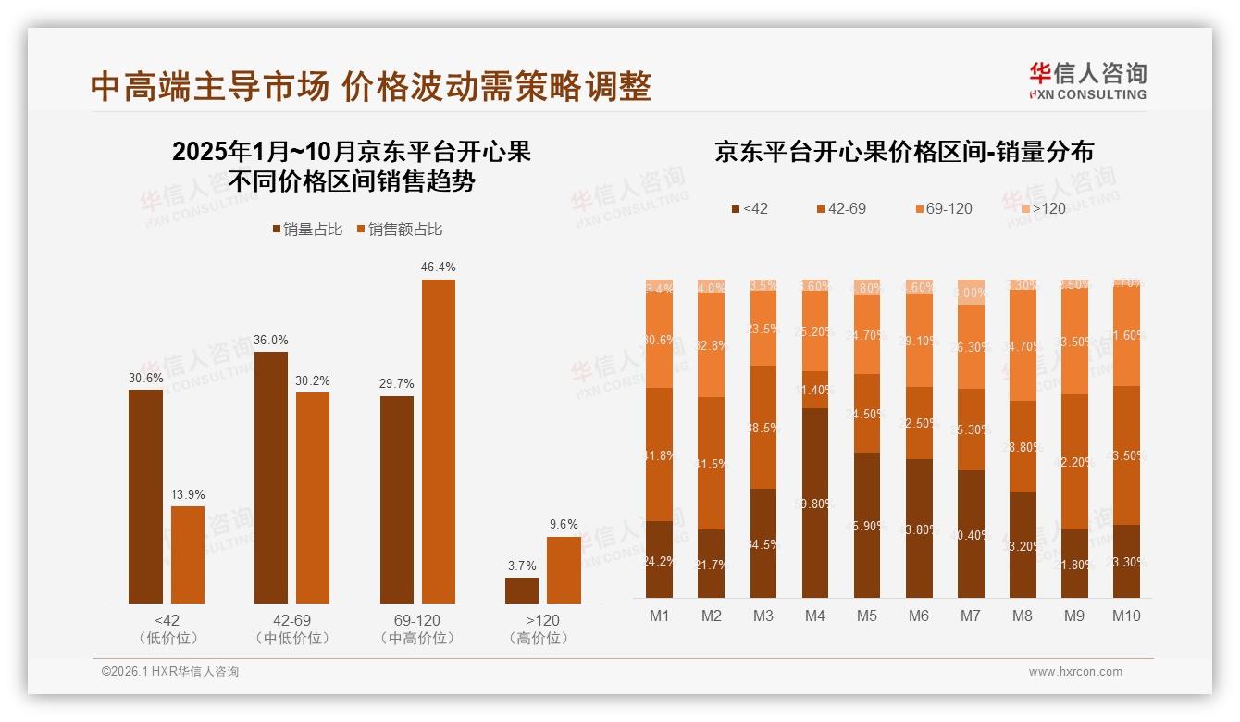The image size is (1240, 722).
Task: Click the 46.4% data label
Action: [x=438, y=268]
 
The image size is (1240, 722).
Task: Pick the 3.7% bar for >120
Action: [x=522, y=591]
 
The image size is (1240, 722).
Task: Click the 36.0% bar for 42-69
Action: [x=271, y=478]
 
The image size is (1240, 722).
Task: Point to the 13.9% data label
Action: [x=188, y=494]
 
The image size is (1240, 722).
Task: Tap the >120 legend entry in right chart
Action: [x=1041, y=209]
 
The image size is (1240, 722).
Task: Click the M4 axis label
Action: [x=815, y=616]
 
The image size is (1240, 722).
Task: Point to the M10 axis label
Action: [x=1125, y=616]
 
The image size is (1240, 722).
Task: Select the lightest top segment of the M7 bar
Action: [x=971, y=292]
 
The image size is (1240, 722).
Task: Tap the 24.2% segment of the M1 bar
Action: [x=660, y=559]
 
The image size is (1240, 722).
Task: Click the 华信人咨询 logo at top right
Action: [x=1087, y=81]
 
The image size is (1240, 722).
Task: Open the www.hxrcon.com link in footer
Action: [x=1075, y=672]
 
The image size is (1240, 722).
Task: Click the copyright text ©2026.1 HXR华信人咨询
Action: [x=170, y=672]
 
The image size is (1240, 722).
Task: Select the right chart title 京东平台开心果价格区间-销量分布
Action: [x=903, y=152]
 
